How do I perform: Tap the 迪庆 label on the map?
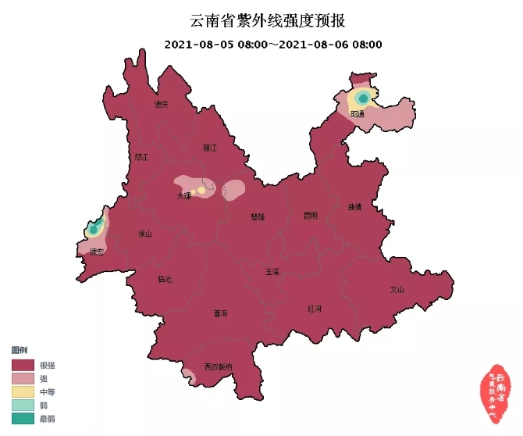[162, 104]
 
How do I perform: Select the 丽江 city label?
[209, 147]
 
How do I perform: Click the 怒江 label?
[141, 157]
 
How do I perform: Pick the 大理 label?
[183, 196]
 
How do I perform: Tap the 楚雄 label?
[258, 216]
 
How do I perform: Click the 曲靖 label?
[355, 207]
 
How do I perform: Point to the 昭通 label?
[358, 114]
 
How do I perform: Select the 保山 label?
[145, 234]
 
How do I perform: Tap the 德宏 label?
[97, 252]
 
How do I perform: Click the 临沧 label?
[165, 278]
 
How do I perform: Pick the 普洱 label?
[220, 313]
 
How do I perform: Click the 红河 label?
[315, 309]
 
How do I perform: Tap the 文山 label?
[397, 290]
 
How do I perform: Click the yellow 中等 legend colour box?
[23, 391]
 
